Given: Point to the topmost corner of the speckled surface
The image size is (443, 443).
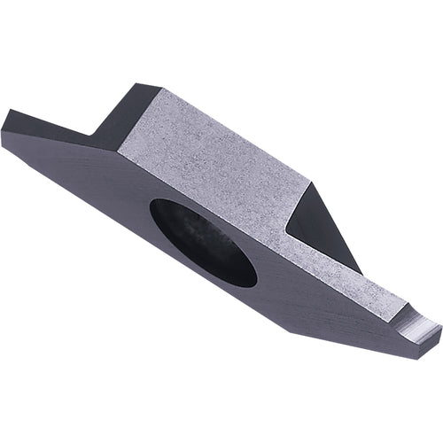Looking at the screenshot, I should (160, 89).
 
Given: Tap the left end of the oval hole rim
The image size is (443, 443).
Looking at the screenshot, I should (151, 213).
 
